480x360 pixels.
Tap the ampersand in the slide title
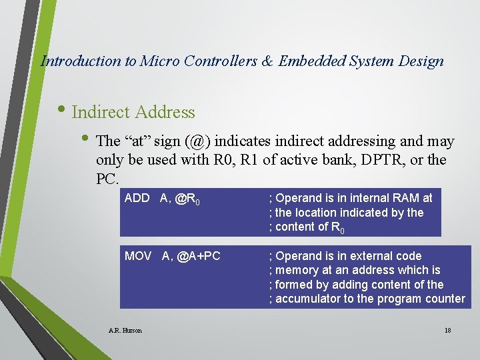click(267, 61)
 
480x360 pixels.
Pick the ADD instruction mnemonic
click(137, 198)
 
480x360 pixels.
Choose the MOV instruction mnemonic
click(138, 256)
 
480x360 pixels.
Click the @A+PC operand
click(199, 256)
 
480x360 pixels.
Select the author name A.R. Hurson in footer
click(125, 330)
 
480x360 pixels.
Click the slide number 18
click(447, 330)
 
